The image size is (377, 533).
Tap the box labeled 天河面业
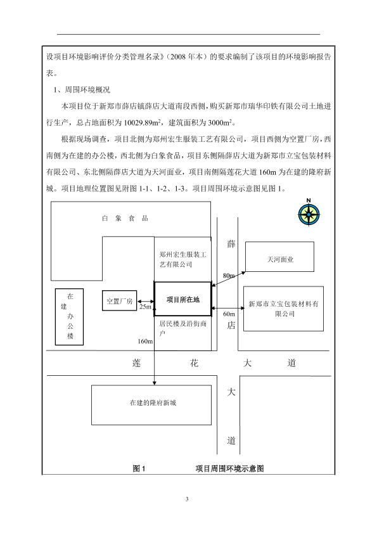(279, 257)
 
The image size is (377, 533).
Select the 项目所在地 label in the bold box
(183, 300)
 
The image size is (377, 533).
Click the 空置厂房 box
(119, 300)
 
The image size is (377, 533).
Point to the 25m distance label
(145, 307)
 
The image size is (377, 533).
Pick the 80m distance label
(229, 276)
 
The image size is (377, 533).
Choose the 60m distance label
(229, 314)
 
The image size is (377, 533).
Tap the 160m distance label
(145, 341)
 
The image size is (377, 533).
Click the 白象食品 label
(125, 218)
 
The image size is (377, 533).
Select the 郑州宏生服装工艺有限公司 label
(183, 259)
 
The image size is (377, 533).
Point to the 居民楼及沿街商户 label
(183, 328)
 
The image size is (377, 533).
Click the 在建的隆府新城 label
(153, 403)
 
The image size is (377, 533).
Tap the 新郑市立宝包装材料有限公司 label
(283, 309)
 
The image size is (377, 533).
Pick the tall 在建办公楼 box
(69, 317)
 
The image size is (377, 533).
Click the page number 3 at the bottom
(187, 499)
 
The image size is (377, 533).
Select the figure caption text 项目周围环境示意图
(229, 468)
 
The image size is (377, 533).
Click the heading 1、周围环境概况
(82, 90)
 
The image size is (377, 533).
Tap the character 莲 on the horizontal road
(136, 363)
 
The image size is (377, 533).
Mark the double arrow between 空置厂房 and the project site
(146, 301)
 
